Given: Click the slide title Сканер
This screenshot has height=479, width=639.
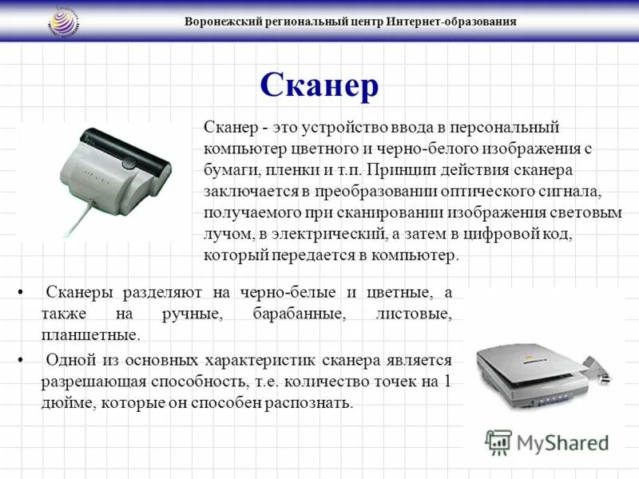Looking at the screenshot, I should pos(319,85).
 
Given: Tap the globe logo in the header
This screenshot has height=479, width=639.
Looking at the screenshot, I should pos(68,21).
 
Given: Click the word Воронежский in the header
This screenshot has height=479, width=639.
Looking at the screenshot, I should pos(220,22).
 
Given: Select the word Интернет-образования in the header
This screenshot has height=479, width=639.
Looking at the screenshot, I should pos(452,22).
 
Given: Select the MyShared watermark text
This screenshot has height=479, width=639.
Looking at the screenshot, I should pos(562,443).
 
